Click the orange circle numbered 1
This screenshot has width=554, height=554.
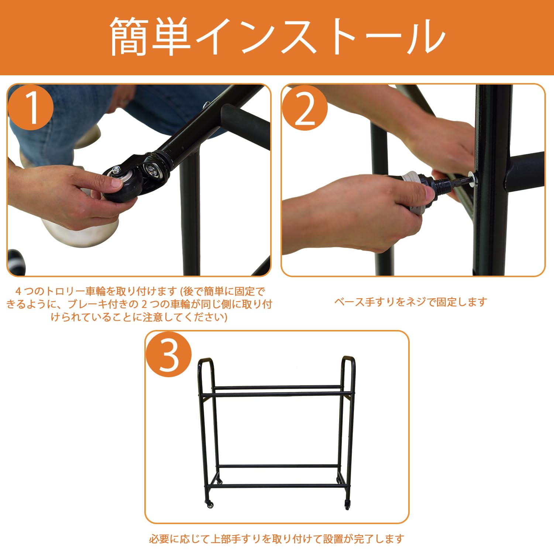tap(31, 107)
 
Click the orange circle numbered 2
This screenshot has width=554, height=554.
tap(305, 107)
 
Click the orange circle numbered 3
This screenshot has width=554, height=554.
tap(169, 354)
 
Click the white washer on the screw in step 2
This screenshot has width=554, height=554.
tap(472, 179)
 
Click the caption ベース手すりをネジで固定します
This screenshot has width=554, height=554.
tap(411, 302)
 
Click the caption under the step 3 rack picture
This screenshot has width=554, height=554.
tap(277, 539)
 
